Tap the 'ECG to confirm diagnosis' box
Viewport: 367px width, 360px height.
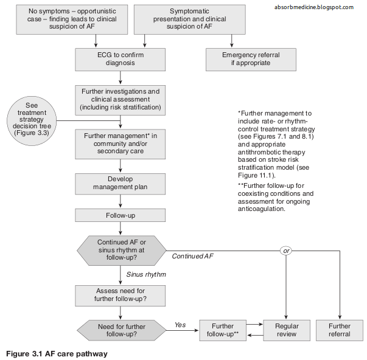pyautogui.click(x=120, y=58)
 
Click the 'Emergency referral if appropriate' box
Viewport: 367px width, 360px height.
pyautogui.click(x=251, y=58)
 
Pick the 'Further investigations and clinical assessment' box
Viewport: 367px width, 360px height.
pyautogui.click(x=120, y=99)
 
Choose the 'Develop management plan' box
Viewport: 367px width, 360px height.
pyautogui.click(x=120, y=183)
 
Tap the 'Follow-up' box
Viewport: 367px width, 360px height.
pyautogui.click(x=120, y=215)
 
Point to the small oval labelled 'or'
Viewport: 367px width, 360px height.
pyautogui.click(x=286, y=250)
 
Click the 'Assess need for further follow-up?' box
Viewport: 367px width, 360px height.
pyautogui.click(x=120, y=295)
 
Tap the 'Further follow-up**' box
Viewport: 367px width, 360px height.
pyautogui.click(x=223, y=330)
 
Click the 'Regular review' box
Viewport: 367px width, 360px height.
pyautogui.click(x=286, y=330)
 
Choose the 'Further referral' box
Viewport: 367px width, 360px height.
pyautogui.click(x=340, y=330)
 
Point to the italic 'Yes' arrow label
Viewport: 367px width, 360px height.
pyautogui.click(x=180, y=325)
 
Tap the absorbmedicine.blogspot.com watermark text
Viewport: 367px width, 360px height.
pyautogui.click(x=315, y=7)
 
